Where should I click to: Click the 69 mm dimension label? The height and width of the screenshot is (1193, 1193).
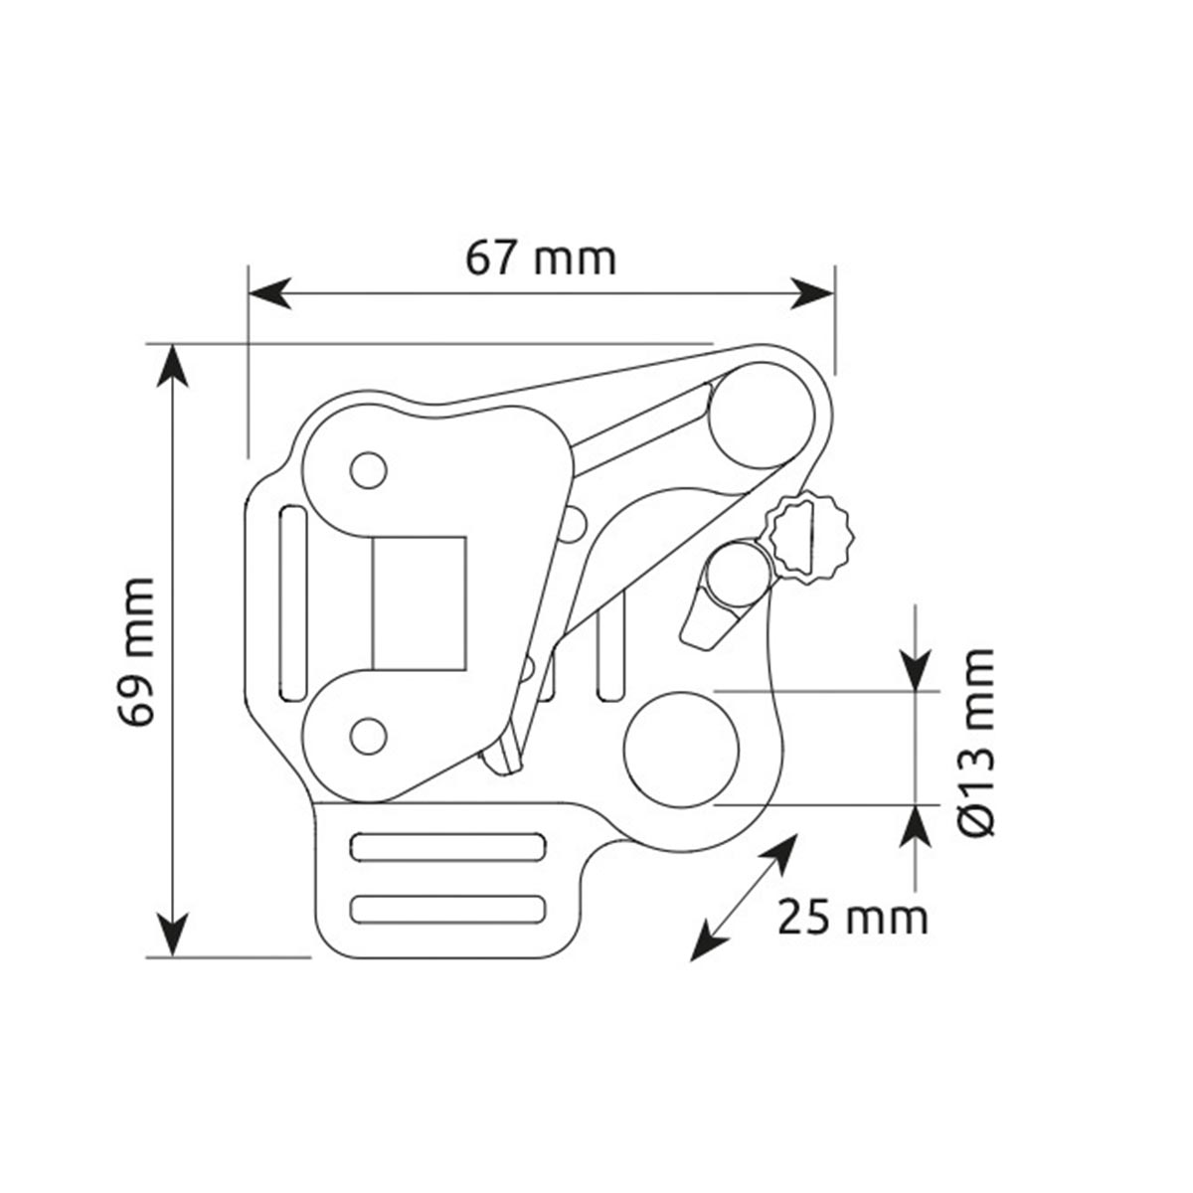tap(135, 652)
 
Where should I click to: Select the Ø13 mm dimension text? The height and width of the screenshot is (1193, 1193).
tap(977, 743)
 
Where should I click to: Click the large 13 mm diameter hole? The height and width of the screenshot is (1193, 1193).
tap(682, 750)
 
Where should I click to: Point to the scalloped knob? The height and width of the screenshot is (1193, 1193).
tap(811, 539)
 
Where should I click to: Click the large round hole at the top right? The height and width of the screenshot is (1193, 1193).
tap(761, 416)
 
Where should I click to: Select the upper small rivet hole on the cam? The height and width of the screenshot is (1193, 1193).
tap(369, 470)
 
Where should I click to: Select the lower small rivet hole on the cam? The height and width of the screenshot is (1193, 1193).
tap(369, 736)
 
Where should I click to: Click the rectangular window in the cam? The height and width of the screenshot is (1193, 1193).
tap(419, 603)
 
